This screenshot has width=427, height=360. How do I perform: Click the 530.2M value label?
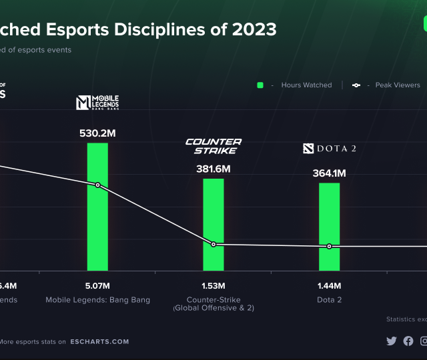coord(97,133)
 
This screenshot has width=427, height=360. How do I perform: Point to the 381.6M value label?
coord(213,169)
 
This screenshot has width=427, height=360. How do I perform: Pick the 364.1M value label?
coord(329,173)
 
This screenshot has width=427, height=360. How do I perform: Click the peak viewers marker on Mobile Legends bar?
coord(97,185)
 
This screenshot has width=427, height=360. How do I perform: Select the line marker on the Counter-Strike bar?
coord(213,245)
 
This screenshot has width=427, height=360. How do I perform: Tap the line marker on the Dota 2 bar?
coord(329,247)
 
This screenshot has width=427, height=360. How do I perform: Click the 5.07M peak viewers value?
coord(97,286)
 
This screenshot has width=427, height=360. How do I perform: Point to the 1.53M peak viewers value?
coord(213,286)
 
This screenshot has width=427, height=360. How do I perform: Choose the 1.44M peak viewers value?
coord(329,286)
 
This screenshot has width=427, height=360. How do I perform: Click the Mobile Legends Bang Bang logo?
coord(97,103)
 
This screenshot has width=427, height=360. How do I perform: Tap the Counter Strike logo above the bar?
coord(213,146)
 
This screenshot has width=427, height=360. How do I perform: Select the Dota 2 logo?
coord(329,148)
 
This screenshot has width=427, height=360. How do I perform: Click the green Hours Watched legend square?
coord(261,85)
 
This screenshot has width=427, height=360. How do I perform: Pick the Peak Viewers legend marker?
coord(356,85)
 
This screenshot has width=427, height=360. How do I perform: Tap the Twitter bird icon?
coord(392,341)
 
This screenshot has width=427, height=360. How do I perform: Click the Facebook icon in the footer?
coord(408,341)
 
